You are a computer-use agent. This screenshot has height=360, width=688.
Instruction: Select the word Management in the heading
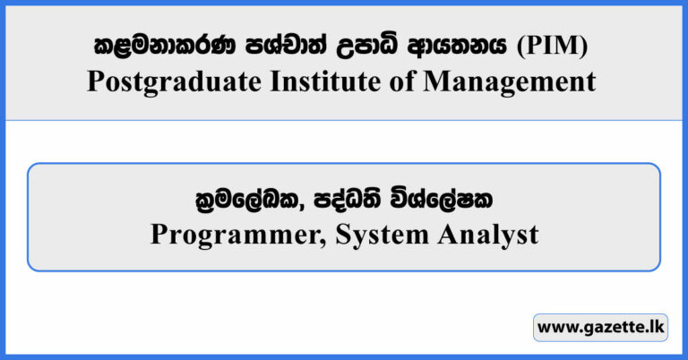[x=506, y=81]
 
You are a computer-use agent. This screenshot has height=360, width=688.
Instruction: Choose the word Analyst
[x=486, y=235]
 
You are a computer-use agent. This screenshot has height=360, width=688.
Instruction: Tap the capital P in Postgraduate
[x=97, y=81]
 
